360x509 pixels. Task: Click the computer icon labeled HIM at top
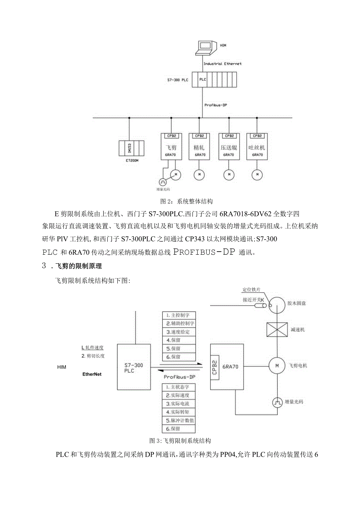tap(204, 47)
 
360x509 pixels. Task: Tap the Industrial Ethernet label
tap(222, 63)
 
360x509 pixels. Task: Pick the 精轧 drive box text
tap(200, 148)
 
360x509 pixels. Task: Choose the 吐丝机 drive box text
tap(257, 148)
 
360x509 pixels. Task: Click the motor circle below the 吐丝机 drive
tap(257, 174)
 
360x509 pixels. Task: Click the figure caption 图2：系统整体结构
tap(187, 202)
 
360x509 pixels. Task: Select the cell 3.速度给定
tap(178, 332)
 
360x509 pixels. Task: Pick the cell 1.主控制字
tap(178, 315)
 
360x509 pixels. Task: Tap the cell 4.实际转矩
tap(178, 412)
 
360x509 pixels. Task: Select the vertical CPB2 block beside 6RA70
tap(214, 367)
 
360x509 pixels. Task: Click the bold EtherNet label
tap(92, 374)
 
